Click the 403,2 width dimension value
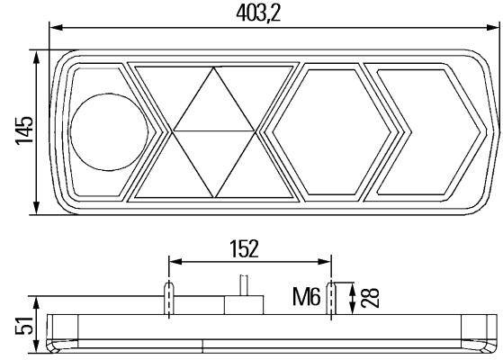258,13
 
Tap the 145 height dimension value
24,130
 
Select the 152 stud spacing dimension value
244,248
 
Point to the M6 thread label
306,296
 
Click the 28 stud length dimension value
370,298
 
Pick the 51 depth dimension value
24,325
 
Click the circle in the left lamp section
110,132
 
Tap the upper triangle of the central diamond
214,99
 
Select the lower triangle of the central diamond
214,164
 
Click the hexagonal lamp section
332,132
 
